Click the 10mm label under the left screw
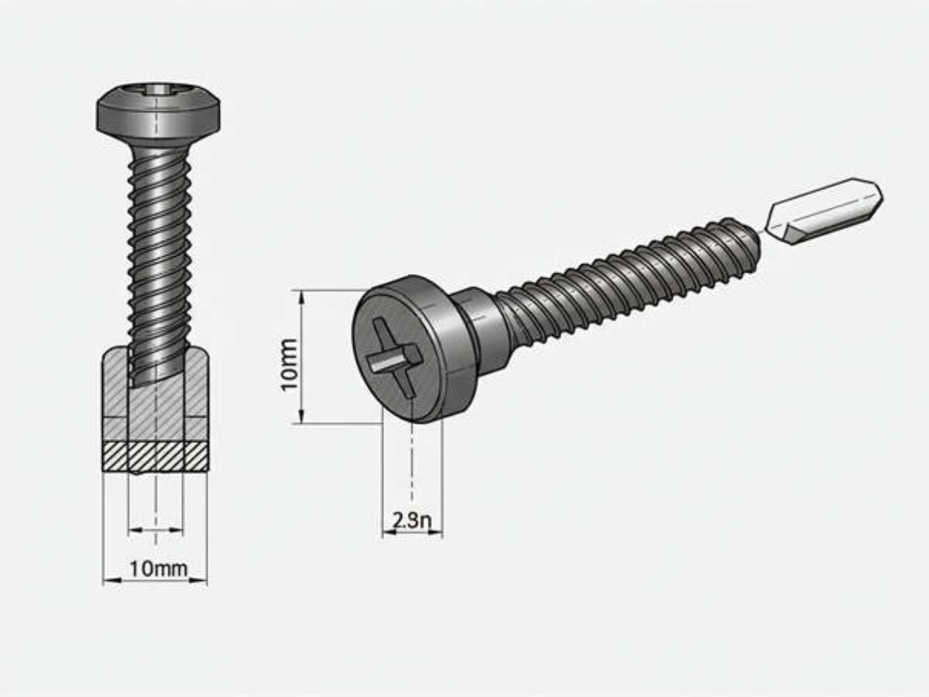point(159,568)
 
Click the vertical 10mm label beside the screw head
point(289,364)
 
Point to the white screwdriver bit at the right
point(824,211)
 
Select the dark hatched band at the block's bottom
point(156,456)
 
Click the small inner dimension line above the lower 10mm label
point(156,530)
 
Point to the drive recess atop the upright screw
point(159,89)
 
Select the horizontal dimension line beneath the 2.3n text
point(412,533)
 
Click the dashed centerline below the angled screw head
point(412,465)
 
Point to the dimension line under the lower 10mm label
point(156,581)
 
